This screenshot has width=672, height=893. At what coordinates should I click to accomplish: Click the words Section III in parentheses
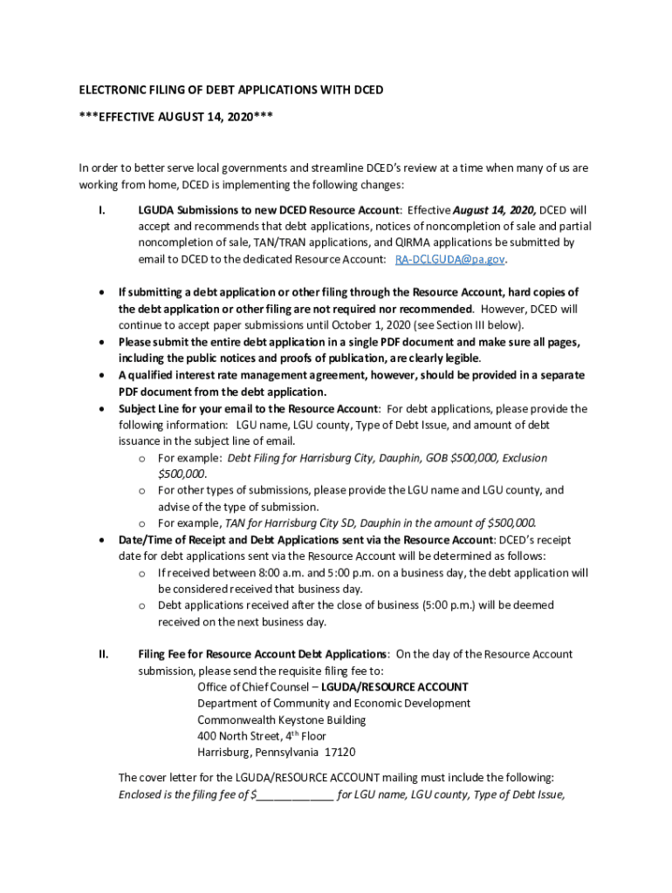click(470, 325)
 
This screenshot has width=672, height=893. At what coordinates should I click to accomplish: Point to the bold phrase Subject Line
click(152, 409)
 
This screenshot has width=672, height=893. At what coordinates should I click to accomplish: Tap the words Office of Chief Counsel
click(253, 687)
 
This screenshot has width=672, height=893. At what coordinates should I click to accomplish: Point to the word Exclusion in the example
click(523, 458)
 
